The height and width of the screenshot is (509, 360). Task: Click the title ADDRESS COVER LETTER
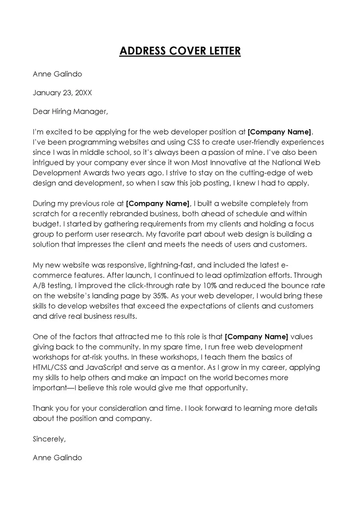click(180, 51)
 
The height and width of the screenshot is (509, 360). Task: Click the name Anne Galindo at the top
click(57, 74)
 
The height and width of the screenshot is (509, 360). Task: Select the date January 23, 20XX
click(62, 93)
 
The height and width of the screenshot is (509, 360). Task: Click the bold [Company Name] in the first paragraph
click(279, 132)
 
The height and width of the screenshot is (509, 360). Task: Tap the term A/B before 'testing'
click(40, 285)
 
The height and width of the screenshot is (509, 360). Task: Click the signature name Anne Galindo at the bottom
click(57, 457)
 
